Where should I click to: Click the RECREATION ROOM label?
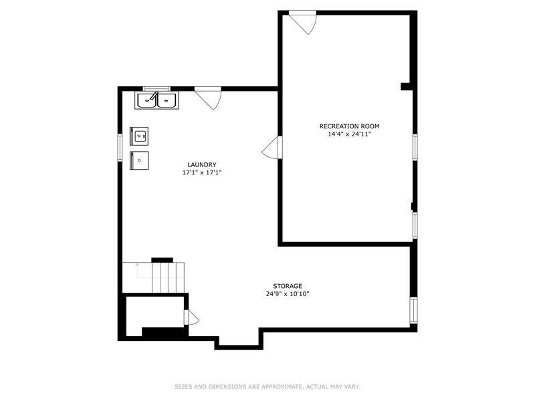[349, 126]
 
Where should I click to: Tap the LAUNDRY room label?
[202, 164]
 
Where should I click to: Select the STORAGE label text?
[288, 286]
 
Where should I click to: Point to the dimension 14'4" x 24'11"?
[349, 134]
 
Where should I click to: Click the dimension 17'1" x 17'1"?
[202, 172]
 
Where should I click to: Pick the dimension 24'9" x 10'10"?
[288, 294]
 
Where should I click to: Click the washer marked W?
[139, 136]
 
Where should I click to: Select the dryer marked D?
[139, 160]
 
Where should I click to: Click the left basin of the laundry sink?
[147, 101]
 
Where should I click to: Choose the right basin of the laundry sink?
[167, 101]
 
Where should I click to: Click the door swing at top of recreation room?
[303, 23]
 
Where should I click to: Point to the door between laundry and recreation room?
[272, 147]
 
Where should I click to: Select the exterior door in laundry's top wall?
[208, 98]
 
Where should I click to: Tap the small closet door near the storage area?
[191, 317]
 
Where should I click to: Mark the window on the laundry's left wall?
[120, 147]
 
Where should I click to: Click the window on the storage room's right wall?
[413, 310]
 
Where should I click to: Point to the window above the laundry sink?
[156, 89]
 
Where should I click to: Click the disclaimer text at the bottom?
[267, 387]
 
